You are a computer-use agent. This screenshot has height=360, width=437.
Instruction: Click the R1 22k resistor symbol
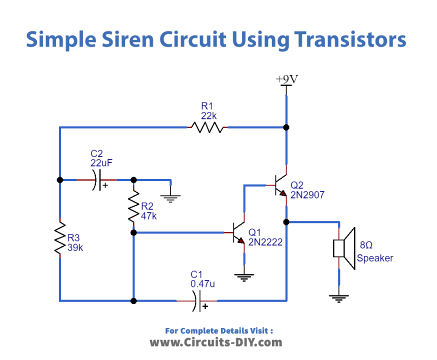208,127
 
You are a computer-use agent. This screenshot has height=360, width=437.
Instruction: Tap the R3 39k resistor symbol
60,238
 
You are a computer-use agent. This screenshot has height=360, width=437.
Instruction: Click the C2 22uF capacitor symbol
97,180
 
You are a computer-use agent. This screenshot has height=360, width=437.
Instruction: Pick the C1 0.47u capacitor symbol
197,301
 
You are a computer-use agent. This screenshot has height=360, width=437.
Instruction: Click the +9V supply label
286,79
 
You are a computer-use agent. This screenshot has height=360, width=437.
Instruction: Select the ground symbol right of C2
171,198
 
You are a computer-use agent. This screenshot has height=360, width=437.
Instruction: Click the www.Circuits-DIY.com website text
216,342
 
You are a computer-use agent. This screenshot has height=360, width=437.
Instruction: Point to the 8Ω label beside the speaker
366,245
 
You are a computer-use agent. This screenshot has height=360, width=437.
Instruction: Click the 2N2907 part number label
307,195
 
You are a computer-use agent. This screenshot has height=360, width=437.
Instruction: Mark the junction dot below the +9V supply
286,127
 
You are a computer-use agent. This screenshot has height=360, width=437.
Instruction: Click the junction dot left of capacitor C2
60,180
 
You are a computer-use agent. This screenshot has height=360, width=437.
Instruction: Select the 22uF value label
101,162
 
